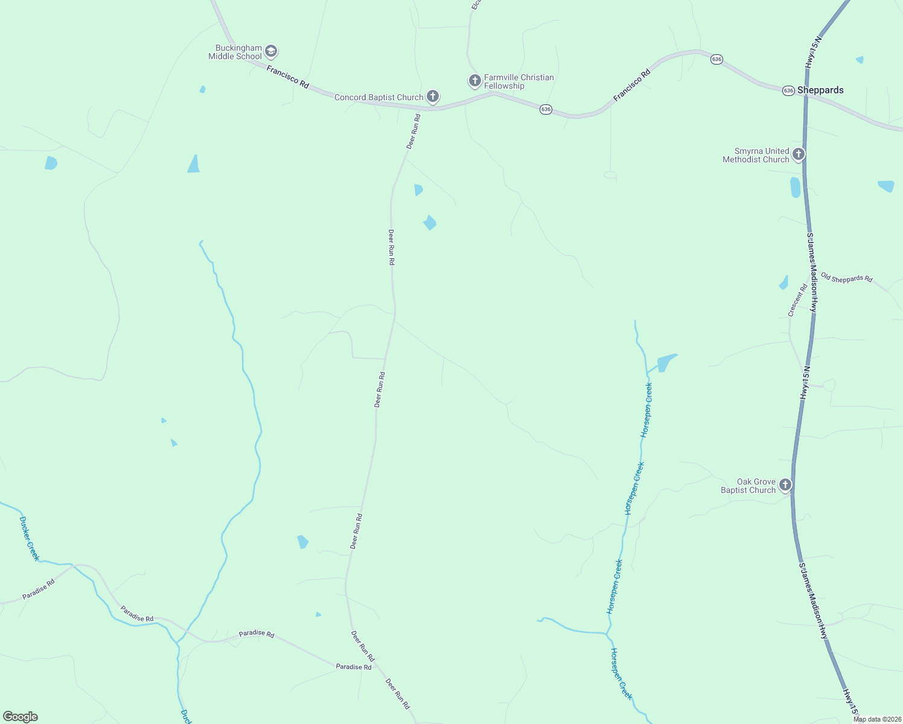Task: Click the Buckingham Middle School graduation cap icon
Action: (271, 51)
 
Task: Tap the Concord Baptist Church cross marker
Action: (432, 97)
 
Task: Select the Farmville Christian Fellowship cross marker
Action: (475, 80)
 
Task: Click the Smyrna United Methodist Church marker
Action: (798, 154)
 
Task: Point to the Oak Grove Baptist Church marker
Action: (785, 484)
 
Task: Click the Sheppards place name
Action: (820, 90)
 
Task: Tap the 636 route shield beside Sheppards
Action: (788, 91)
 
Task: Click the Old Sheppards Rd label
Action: (846, 278)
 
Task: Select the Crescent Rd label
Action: (797, 300)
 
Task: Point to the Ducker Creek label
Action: (29, 538)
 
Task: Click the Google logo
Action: (21, 717)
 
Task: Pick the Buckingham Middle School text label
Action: (235, 52)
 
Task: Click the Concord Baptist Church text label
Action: (378, 97)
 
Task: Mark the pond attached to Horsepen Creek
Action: (665, 363)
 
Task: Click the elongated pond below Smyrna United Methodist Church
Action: (795, 187)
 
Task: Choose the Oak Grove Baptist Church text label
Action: (748, 486)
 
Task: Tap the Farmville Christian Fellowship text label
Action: (519, 81)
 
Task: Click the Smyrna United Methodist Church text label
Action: (756, 155)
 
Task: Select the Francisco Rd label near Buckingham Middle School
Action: (288, 77)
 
